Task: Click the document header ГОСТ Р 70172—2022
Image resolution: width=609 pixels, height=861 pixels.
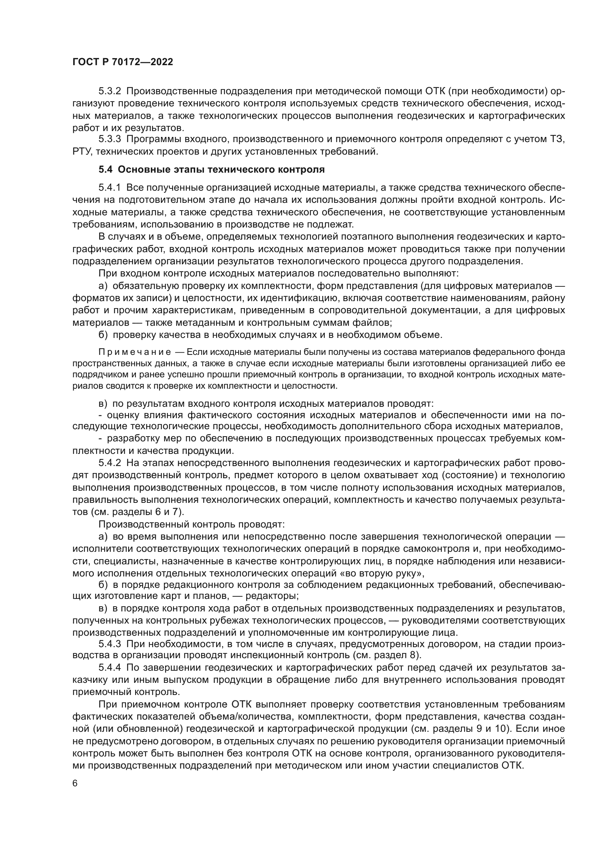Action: (x=123, y=62)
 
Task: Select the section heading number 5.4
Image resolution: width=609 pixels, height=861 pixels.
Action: (x=105, y=169)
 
